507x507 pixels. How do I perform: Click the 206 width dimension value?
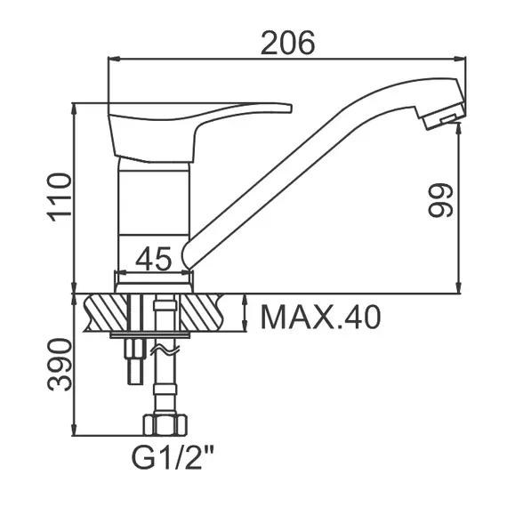[287, 43]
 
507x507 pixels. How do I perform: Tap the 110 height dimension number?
[60, 197]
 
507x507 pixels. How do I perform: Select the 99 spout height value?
[439, 200]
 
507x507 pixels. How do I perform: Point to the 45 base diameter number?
[153, 258]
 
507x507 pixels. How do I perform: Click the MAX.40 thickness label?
[320, 318]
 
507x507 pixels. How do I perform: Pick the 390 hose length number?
[60, 365]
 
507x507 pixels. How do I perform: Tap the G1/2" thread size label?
[173, 457]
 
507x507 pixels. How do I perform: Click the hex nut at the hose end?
[165, 424]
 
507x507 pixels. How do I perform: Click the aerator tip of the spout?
[443, 117]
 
